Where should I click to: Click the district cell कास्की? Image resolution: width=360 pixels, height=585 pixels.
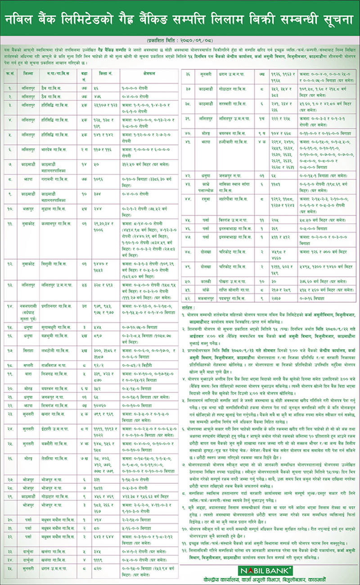tap(197, 281)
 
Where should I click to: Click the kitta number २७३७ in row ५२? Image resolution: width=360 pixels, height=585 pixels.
tap(275, 297)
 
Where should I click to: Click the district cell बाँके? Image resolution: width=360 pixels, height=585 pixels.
tap(197, 289)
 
